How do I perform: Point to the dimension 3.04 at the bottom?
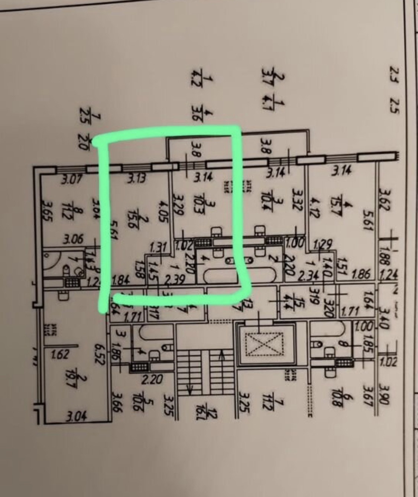[77, 417]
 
